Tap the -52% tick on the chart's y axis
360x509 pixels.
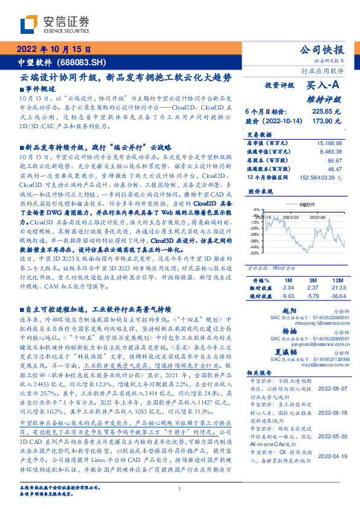(256, 253)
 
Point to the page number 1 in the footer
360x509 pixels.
(179, 489)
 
